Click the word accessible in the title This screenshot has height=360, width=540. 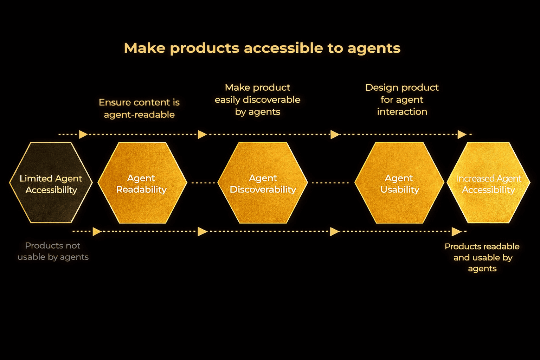[x=283, y=48]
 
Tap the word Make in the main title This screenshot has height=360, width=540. [x=144, y=48]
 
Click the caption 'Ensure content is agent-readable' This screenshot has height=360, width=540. [x=139, y=108]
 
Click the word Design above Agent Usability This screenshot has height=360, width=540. [x=382, y=88]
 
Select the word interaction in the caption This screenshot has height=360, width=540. [x=402, y=112]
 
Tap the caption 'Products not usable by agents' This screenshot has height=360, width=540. [x=53, y=251]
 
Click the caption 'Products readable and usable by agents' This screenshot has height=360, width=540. [x=482, y=257]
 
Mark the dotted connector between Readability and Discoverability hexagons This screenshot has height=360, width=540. [x=203, y=183]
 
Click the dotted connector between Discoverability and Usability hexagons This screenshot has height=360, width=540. [x=330, y=183]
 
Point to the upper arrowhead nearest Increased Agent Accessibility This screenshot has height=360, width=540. [x=462, y=134]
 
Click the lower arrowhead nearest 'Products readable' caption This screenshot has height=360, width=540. [x=456, y=232]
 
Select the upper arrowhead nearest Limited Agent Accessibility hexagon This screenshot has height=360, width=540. [x=83, y=134]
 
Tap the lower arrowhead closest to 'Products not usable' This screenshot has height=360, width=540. [x=97, y=232]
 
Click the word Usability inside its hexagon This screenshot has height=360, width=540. [x=400, y=190]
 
